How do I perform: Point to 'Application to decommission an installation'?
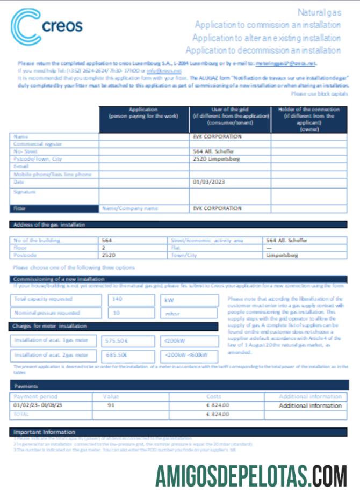click(263, 50)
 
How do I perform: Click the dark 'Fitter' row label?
click(54, 208)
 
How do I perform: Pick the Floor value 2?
click(104, 248)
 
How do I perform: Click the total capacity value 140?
click(118, 300)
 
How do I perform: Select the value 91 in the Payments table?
click(111, 405)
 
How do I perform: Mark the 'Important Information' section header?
click(45, 432)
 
